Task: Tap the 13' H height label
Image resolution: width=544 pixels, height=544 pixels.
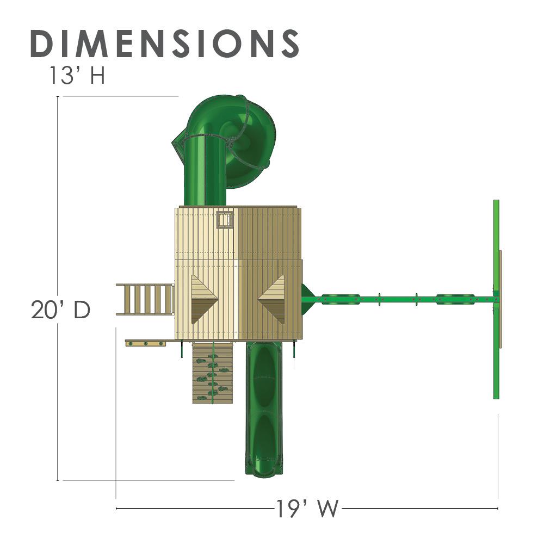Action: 77,76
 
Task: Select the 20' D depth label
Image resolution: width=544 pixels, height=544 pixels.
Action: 60,310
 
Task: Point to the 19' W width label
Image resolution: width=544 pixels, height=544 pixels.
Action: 307,509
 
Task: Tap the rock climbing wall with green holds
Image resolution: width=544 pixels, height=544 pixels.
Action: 212,373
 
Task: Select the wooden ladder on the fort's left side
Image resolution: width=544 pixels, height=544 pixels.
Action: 145,299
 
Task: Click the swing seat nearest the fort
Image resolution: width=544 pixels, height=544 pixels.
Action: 340,298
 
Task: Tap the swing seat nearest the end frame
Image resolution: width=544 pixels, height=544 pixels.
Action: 455,298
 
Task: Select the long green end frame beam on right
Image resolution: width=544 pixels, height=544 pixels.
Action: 496,299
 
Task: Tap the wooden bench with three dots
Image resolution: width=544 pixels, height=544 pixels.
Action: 145,343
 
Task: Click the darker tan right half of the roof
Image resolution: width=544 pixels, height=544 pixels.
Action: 269,245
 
